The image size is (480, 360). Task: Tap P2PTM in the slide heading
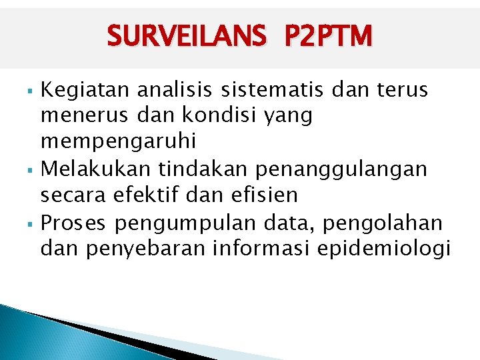[x=327, y=36]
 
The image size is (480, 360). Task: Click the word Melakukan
[x=96, y=169]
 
